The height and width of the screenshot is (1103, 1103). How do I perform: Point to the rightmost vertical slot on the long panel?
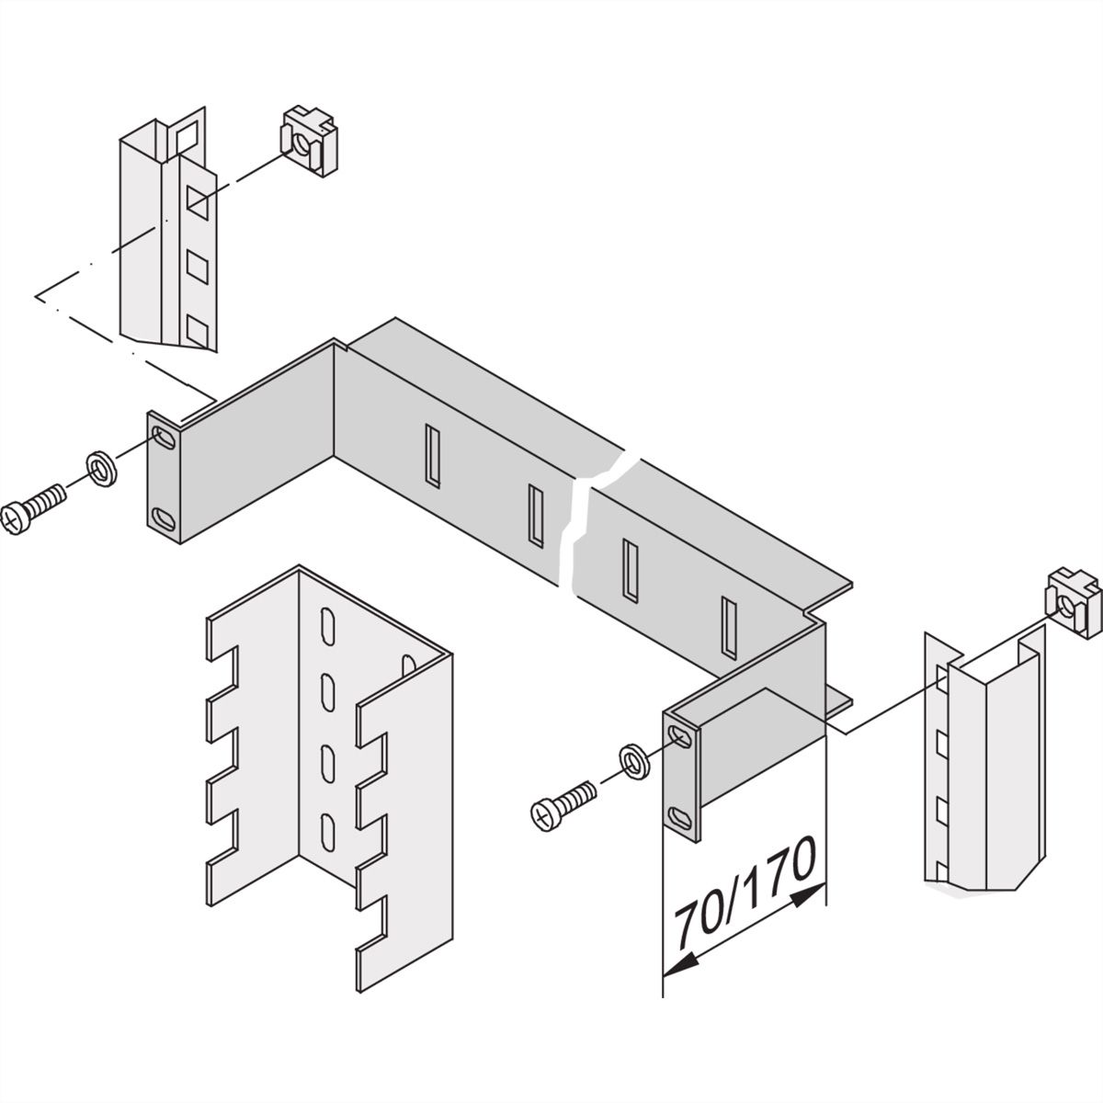click(728, 629)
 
